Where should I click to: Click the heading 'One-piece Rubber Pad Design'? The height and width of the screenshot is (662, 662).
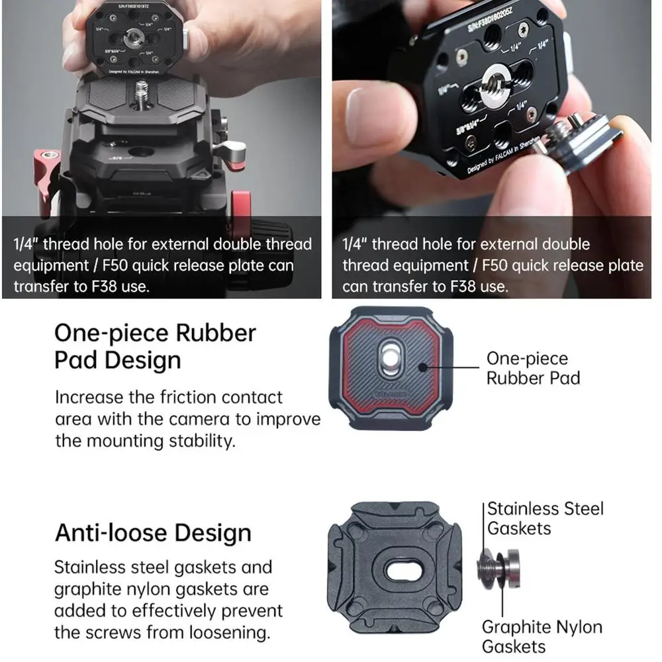click(154, 346)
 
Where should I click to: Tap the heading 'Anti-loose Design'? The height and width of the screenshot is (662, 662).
click(153, 533)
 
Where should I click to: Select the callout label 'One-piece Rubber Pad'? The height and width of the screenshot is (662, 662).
click(532, 368)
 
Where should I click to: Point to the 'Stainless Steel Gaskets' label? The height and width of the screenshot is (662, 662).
click(545, 518)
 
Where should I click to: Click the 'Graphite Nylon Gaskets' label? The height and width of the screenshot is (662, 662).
click(542, 637)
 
